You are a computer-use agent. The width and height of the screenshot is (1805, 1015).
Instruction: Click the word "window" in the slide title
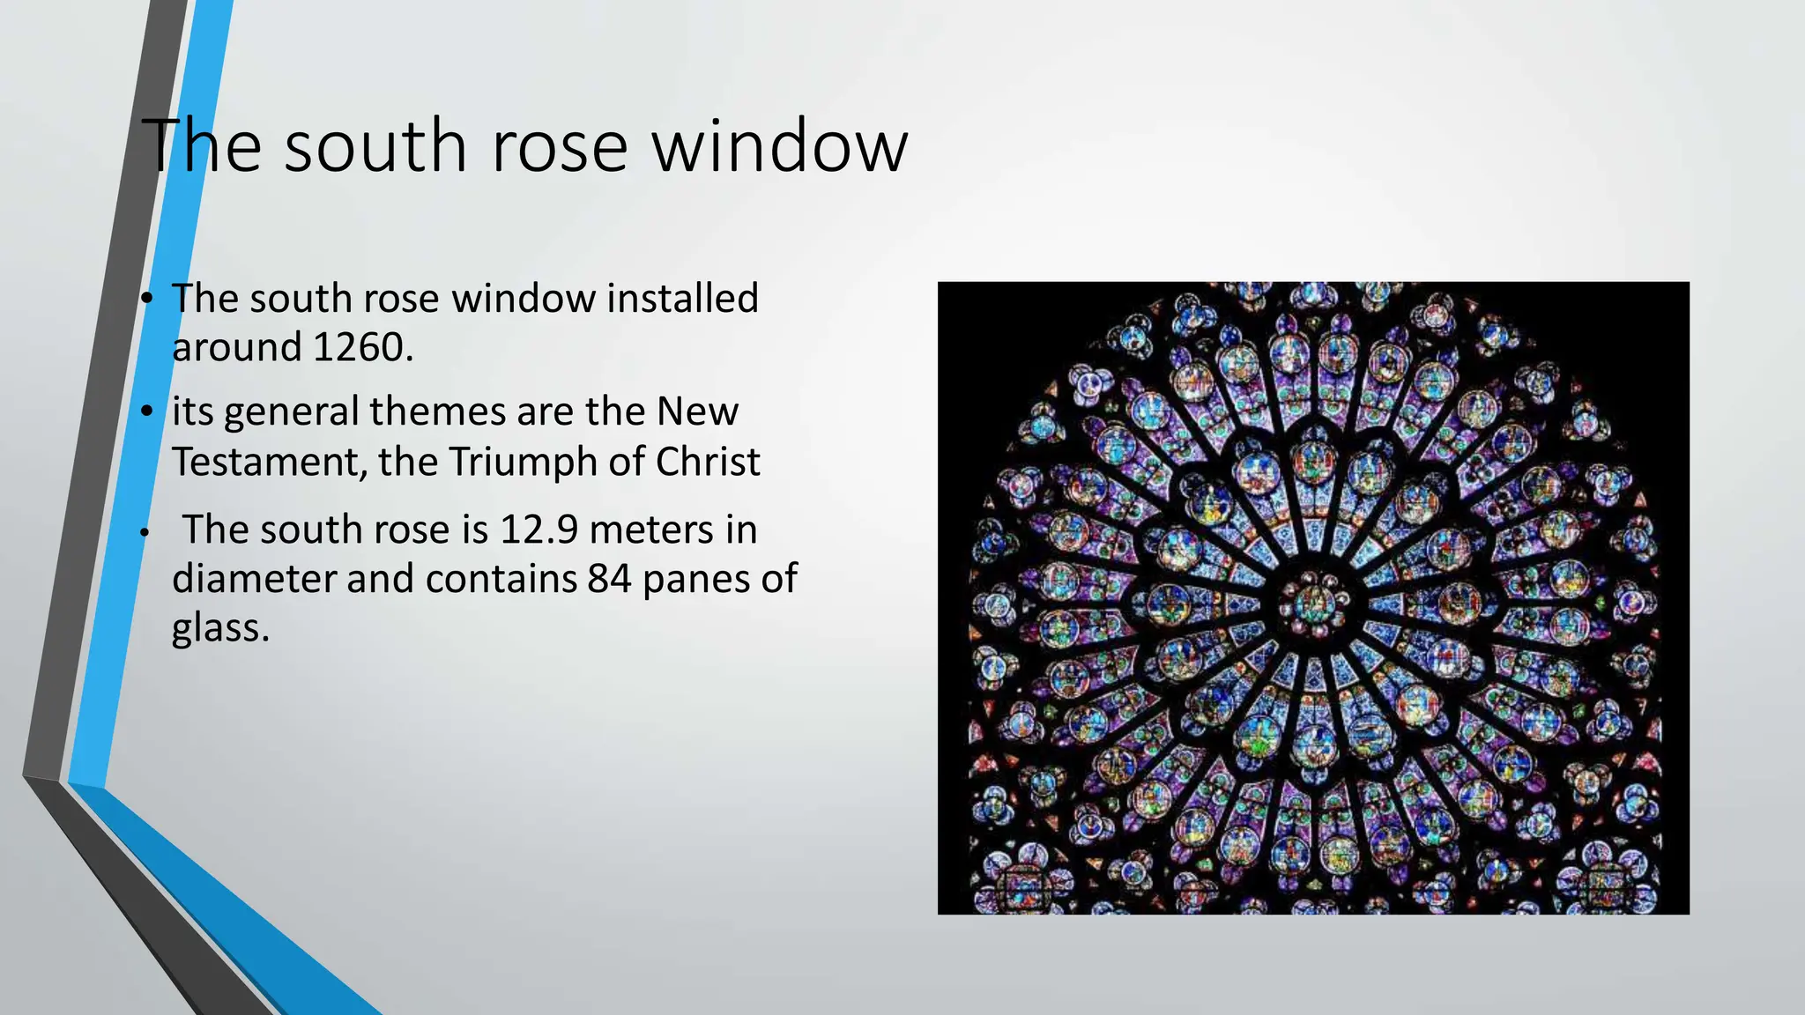point(779,145)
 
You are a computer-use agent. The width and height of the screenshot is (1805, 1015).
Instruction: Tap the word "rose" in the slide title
point(559,145)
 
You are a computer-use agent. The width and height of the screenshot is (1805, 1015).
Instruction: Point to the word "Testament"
point(268,462)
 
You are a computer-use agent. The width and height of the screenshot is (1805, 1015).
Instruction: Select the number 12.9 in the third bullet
point(539,530)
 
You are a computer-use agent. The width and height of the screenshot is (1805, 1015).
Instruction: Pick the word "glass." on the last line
point(220,628)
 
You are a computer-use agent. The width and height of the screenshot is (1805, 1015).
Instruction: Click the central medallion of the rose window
point(1313,603)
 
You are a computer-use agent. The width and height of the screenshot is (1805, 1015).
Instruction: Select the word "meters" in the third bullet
point(651,530)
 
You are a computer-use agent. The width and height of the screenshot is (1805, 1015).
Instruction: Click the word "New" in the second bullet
point(697,411)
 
